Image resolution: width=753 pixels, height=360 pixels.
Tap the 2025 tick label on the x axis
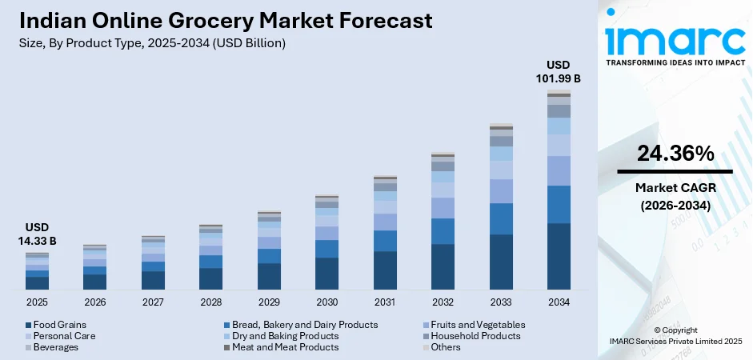pos(37,302)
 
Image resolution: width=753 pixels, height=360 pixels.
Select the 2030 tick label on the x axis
pos(326,302)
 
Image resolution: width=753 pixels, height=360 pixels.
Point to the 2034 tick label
pos(559,302)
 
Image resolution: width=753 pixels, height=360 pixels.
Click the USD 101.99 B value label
pos(558,72)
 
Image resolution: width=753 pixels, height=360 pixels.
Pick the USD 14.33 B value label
pos(37,234)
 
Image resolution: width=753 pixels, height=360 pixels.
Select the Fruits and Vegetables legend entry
pos(477,325)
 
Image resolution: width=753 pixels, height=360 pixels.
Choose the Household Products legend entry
pos(475,336)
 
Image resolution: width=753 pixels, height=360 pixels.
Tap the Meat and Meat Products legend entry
pos(285,347)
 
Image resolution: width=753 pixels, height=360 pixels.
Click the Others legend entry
pos(445,347)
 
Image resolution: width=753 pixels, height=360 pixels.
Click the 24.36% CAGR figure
pos(675,154)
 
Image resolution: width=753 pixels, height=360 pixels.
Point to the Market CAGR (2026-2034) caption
pos(675,196)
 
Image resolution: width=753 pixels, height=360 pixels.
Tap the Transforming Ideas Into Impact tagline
pos(675,62)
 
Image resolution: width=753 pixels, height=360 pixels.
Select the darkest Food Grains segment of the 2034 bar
pos(559,256)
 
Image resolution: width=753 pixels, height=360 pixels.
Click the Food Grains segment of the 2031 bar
pos(385,270)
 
